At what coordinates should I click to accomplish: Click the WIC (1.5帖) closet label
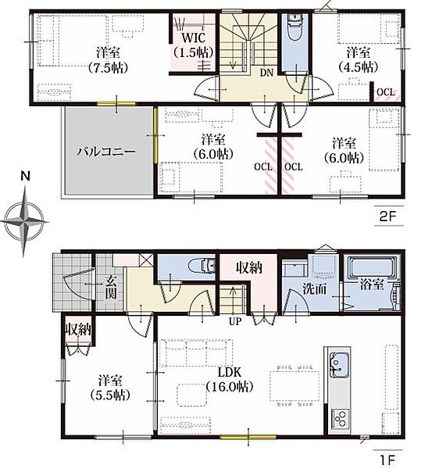pyautogui.click(x=194, y=45)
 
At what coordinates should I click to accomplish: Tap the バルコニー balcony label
pyautogui.click(x=106, y=152)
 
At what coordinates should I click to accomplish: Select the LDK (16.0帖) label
pyautogui.click(x=230, y=379)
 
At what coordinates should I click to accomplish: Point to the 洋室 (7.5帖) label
pyautogui.click(x=108, y=60)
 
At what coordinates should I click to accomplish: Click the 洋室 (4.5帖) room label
pyautogui.click(x=359, y=59)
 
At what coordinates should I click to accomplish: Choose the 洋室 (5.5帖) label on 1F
pyautogui.click(x=110, y=388)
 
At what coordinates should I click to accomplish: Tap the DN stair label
pyautogui.click(x=266, y=73)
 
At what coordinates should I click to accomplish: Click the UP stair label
pyautogui.click(x=235, y=321)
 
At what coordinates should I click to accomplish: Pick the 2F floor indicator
pyautogui.click(x=387, y=217)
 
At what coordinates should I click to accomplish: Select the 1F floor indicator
pyautogui.click(x=387, y=459)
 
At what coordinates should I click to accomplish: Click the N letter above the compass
pyautogui.click(x=26, y=176)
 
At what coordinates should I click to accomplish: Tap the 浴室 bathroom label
pyautogui.click(x=372, y=285)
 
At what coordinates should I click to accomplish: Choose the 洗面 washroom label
pyautogui.click(x=314, y=289)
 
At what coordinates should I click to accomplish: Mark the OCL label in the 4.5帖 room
pyautogui.click(x=386, y=92)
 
